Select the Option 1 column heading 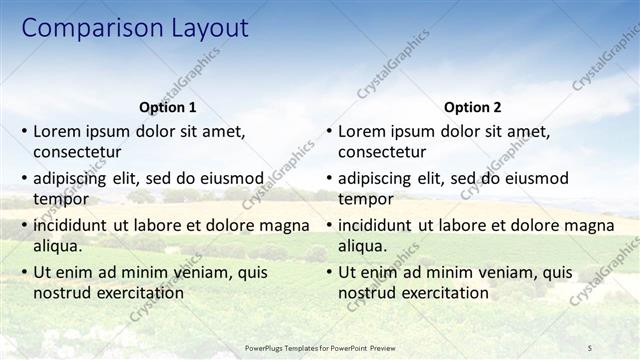pos(168,107)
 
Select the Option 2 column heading pos(472,107)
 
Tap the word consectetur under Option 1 pos(77,152)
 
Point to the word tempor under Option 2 pos(366,199)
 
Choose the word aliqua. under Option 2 pos(363,246)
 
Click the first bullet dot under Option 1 pos(25,131)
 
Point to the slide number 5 pos(589,347)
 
